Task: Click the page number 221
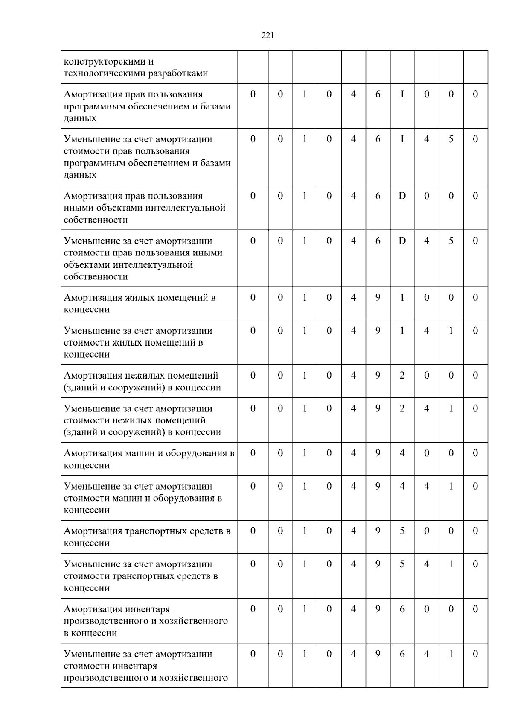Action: click(x=268, y=36)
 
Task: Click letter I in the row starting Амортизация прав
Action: click(x=402, y=94)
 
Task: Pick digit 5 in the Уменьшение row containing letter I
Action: click(x=451, y=139)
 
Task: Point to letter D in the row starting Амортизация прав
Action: click(x=402, y=196)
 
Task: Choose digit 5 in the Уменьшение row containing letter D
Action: click(x=451, y=241)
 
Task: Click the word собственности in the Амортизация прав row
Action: click(x=96, y=220)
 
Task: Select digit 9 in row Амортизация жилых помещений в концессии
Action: click(x=378, y=298)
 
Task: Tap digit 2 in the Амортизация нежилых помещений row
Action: click(x=402, y=376)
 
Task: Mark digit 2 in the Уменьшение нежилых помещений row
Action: click(x=402, y=409)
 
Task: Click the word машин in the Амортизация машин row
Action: click(x=139, y=453)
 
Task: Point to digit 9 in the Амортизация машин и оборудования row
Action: click(x=378, y=453)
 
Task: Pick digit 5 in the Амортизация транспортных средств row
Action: click(x=402, y=531)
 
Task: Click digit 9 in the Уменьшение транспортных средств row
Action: click(x=378, y=564)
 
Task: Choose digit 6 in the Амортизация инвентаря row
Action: click(x=402, y=609)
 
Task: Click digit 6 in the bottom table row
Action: click(x=402, y=654)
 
